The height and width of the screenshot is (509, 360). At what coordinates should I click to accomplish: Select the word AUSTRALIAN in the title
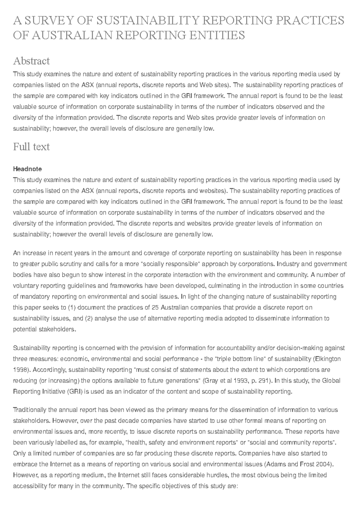coord(72,35)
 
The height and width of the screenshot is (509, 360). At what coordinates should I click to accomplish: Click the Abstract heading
coord(31,61)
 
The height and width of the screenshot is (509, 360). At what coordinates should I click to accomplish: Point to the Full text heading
coord(31,147)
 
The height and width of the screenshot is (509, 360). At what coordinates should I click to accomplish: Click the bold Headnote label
coord(27,169)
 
